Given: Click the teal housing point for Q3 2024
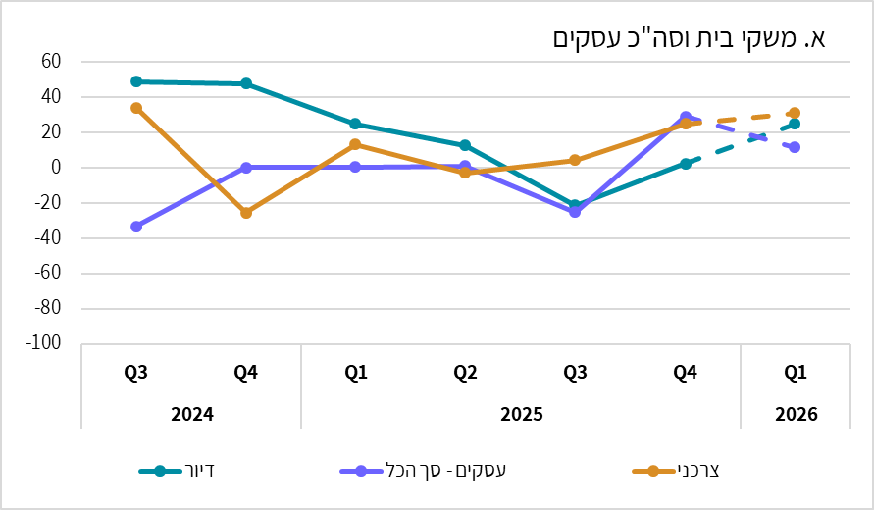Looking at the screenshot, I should [136, 81].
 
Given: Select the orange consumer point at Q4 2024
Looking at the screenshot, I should [246, 212].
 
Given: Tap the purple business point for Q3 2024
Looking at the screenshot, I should [136, 227].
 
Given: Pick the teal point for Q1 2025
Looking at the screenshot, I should [355, 124].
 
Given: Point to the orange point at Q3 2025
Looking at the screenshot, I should [575, 160].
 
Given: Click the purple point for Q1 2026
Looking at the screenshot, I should [795, 147].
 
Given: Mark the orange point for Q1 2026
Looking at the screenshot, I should [795, 113].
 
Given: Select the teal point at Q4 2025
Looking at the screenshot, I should [686, 164].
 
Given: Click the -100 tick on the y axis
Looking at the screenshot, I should [44, 344].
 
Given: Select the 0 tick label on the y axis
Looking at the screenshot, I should [56, 168].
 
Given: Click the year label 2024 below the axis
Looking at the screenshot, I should [191, 414].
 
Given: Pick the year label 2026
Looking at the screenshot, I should [796, 414].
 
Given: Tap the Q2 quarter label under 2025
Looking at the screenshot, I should [465, 373].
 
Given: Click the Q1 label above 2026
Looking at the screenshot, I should [796, 373].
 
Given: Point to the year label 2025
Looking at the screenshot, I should [521, 414].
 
